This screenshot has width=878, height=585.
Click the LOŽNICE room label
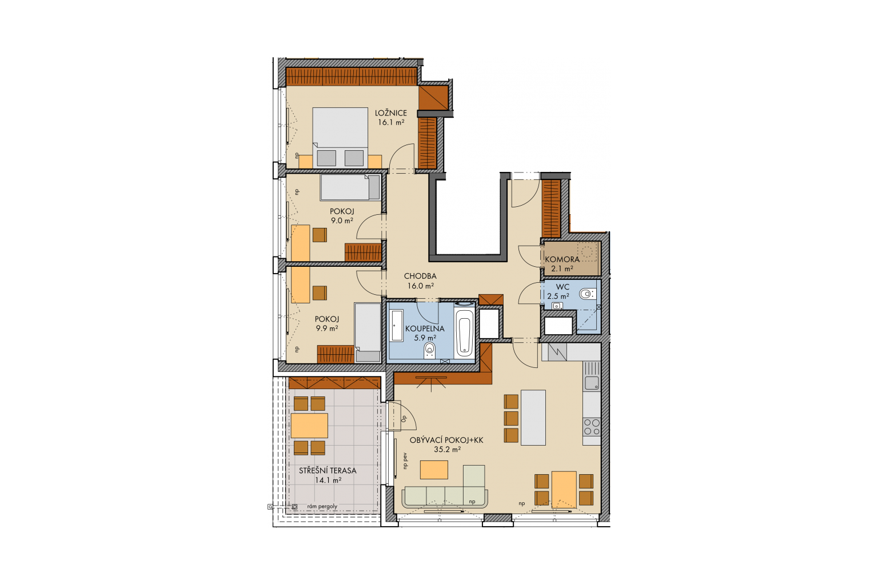[391, 113]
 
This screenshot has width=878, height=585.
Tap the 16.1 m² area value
[391, 122]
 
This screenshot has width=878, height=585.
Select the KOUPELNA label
[425, 328]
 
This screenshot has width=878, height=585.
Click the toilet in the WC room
[587, 294]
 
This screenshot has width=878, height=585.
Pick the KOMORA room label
[562, 259]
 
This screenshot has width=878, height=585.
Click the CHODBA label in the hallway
[420, 277]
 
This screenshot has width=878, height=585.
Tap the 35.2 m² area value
[447, 450]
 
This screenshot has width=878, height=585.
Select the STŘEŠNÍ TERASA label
[328, 471]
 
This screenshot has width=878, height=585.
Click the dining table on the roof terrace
[309, 426]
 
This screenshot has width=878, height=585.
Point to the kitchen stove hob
[592, 426]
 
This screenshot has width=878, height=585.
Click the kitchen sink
[592, 383]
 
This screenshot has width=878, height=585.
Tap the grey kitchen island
[533, 418]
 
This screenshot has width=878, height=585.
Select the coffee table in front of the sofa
[434, 470]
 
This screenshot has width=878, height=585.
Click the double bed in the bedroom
[340, 138]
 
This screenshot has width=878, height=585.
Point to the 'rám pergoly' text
[322, 507]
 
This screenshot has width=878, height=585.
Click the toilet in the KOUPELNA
[430, 350]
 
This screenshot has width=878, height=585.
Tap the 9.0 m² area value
[342, 221]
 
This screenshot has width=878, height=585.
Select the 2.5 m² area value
[558, 296]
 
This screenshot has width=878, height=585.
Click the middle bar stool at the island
[511, 419]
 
